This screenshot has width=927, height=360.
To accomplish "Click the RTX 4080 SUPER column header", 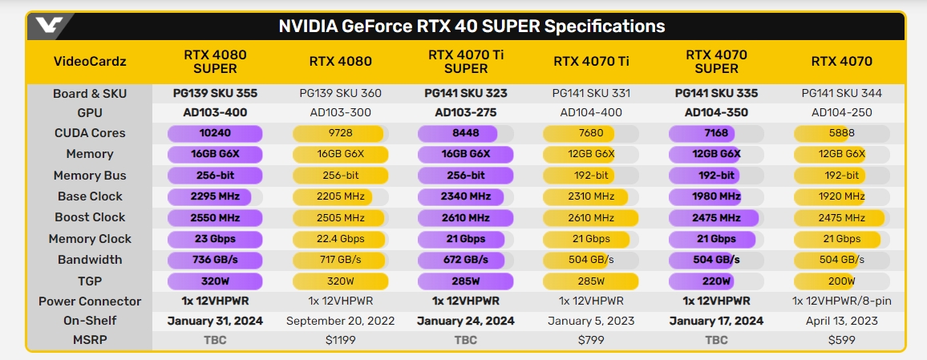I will click(215, 61).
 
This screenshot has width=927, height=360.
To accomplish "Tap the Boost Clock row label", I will click(89, 217).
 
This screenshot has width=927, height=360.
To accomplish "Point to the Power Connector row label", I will click(90, 301).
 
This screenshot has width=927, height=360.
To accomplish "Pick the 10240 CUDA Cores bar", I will click(214, 133).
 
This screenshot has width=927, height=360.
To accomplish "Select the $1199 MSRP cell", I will click(338, 340).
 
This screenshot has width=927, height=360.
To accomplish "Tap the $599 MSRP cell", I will click(841, 340).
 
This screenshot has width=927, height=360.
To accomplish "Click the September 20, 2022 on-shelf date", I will click(338, 321).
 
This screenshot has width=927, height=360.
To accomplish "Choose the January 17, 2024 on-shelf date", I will click(717, 321).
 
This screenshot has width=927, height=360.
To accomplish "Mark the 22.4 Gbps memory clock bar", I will click(340, 238).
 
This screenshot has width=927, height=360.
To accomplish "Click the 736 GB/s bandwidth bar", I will click(214, 260).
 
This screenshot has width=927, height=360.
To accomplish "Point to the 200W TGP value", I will click(840, 281).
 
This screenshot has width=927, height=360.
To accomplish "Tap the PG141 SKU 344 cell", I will click(841, 93).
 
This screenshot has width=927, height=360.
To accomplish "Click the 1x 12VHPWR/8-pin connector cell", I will click(841, 301).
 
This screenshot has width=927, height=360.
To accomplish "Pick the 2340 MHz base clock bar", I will click(466, 196).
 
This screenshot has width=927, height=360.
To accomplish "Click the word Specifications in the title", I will click(605, 26).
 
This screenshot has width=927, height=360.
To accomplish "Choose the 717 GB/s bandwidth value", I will click(340, 260).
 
